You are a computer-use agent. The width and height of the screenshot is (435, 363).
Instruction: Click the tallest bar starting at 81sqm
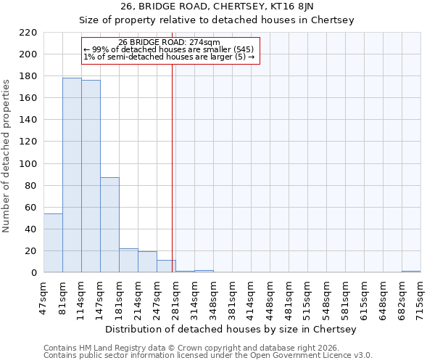point(72,175)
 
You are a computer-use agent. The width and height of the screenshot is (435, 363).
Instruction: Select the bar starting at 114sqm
point(91,176)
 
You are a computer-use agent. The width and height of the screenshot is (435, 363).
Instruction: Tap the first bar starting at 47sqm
point(53,243)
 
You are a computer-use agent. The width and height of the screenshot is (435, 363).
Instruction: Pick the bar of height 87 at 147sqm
point(109,225)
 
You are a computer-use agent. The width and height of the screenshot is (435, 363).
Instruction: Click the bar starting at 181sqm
point(128,261)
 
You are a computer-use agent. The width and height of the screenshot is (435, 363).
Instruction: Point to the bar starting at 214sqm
point(147,262)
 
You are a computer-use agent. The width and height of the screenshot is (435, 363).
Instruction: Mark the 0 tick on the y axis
point(33,273)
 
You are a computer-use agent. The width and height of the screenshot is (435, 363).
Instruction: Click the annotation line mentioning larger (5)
point(169,57)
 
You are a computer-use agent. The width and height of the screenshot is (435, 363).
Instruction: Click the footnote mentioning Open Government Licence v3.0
point(208,356)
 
